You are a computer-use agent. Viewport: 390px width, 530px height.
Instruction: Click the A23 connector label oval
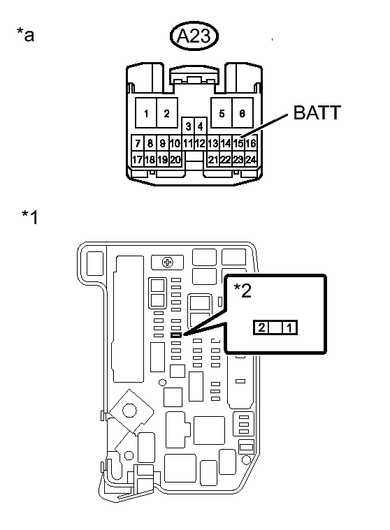pyautogui.click(x=194, y=36)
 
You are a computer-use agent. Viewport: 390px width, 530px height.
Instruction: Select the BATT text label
pyautogui.click(x=317, y=112)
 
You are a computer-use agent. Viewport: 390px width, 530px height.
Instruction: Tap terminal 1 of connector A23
pyautogui.click(x=146, y=113)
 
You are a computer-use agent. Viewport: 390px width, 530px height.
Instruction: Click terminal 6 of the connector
pyautogui.click(x=243, y=113)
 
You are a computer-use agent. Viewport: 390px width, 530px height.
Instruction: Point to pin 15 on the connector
pyautogui.click(x=238, y=143)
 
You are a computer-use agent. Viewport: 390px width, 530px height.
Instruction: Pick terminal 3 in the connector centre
pyautogui.click(x=188, y=126)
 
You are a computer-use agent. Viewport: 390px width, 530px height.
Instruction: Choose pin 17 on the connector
pyautogui.click(x=137, y=159)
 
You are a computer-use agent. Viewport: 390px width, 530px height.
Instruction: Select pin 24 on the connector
pyautogui.click(x=251, y=159)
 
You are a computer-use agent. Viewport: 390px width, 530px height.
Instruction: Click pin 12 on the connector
pyautogui.click(x=201, y=143)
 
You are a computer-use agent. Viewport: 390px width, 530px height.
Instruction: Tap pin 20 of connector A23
pyautogui.click(x=175, y=159)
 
